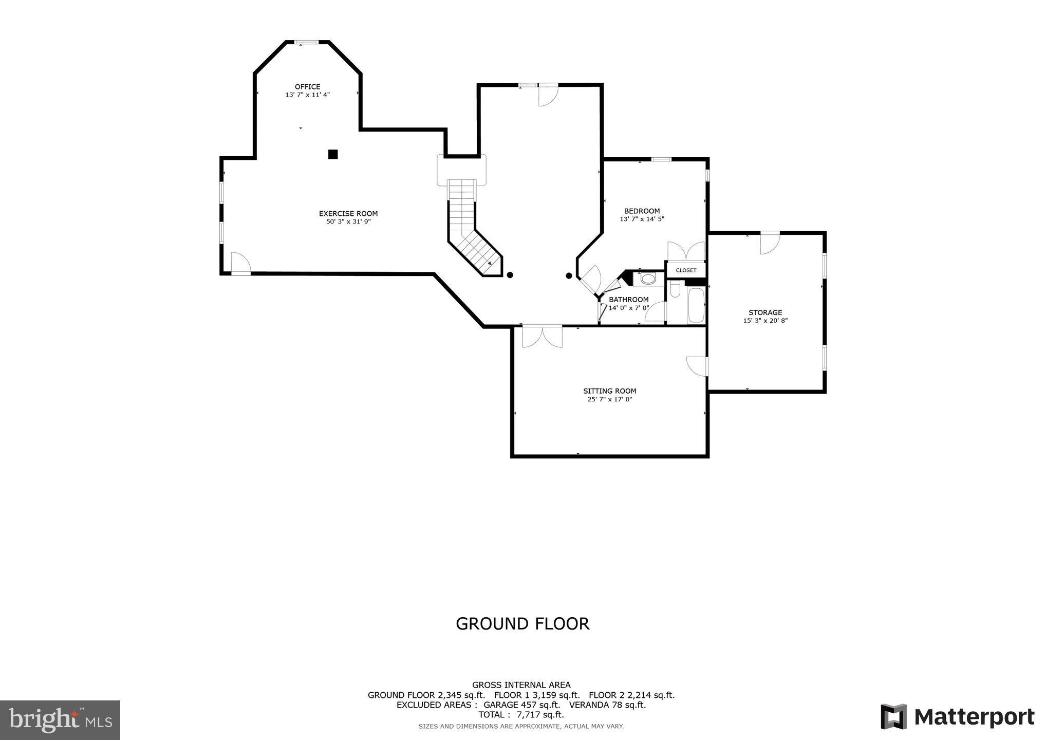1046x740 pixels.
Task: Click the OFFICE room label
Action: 307,87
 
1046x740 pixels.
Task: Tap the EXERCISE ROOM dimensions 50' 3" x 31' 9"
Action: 348,222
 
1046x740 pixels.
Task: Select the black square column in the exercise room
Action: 333,154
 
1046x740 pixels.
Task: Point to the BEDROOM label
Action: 642,211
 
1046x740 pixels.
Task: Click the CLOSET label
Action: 686,270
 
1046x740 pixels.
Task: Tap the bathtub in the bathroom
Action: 696,306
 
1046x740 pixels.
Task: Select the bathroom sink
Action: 648,279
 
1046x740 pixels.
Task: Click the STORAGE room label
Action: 765,312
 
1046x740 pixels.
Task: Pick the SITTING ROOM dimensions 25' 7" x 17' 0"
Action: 610,399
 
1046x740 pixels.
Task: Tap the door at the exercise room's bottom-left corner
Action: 240,264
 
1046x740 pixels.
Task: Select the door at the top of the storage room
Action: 770,243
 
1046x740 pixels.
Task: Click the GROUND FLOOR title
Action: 522,623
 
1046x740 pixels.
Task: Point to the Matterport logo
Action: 958,716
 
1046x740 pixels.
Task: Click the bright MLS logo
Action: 60,720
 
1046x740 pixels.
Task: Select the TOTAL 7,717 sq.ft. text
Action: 521,715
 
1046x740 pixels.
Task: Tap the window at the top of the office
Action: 307,42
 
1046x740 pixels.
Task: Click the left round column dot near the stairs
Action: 510,275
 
